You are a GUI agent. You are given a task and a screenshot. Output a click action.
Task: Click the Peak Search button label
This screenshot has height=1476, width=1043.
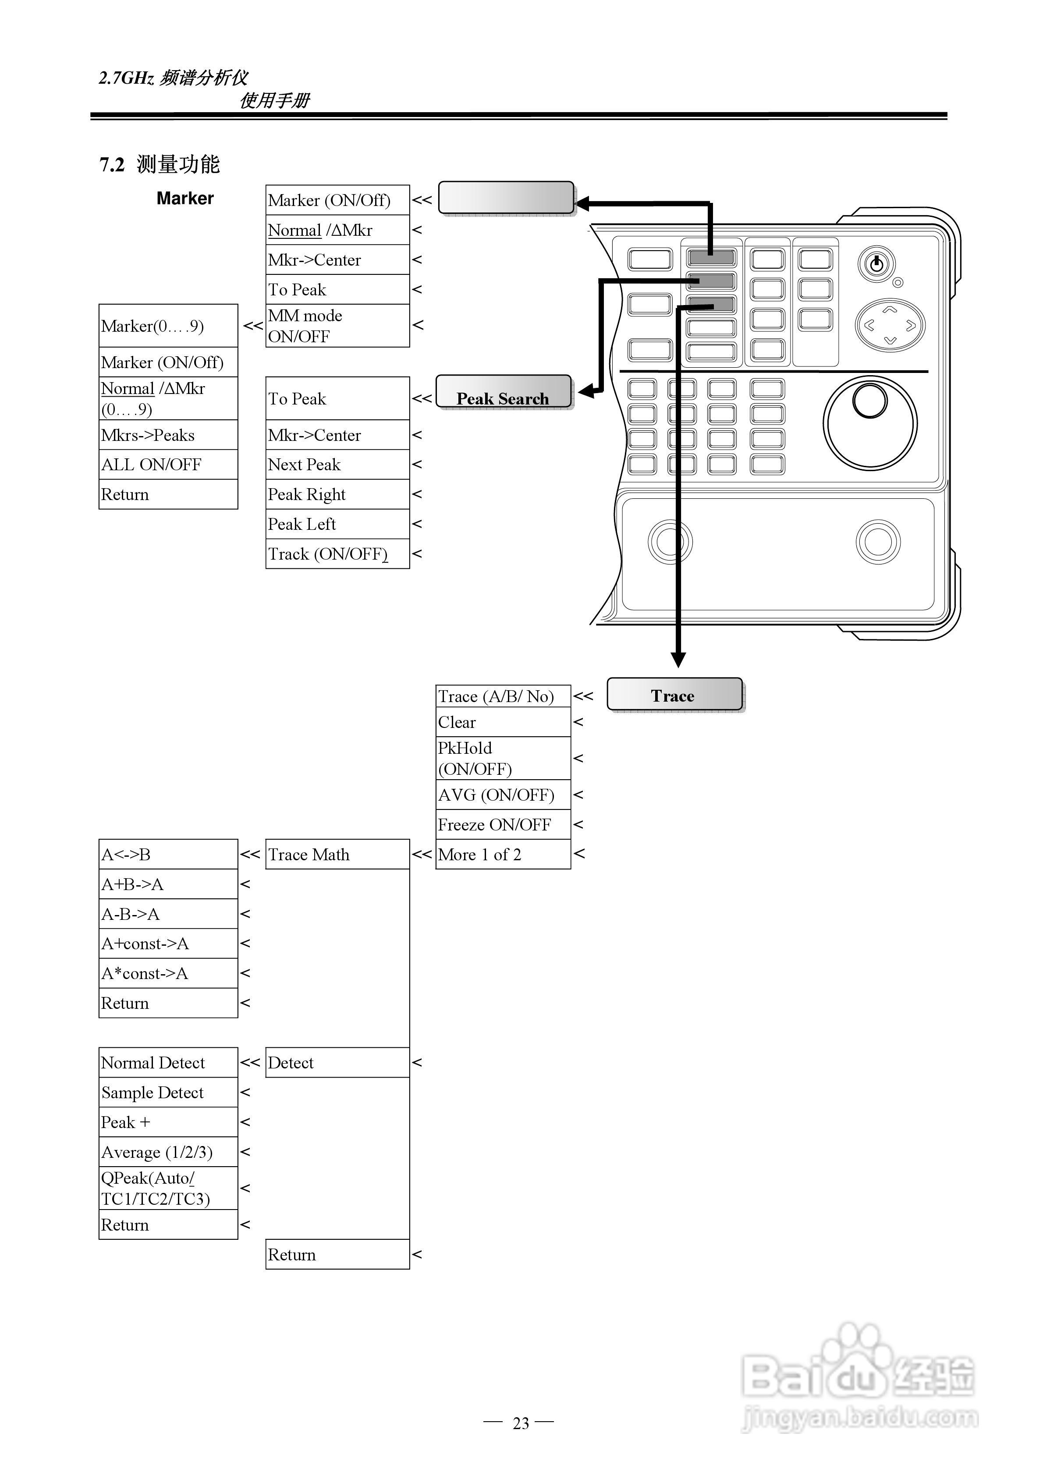[x=503, y=398]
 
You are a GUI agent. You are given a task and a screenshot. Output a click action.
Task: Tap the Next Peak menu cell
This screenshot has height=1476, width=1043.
[x=337, y=464]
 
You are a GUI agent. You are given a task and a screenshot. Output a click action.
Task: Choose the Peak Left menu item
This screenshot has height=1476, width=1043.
[x=337, y=524]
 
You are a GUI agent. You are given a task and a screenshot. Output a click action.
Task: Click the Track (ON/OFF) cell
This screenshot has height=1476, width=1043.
[x=337, y=553]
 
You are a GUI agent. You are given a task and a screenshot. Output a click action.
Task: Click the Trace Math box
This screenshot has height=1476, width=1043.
[x=337, y=855]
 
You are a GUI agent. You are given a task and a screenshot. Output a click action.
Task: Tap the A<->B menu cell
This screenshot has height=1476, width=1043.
[x=168, y=855]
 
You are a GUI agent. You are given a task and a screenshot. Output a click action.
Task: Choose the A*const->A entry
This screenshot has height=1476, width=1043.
[x=168, y=973]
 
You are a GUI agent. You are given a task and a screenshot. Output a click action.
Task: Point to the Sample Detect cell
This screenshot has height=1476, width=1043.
[x=168, y=1092]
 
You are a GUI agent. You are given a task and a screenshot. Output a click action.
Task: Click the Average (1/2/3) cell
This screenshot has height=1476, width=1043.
[x=168, y=1151]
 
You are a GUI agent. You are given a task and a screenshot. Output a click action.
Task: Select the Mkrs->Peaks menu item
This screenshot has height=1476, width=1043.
[x=168, y=435]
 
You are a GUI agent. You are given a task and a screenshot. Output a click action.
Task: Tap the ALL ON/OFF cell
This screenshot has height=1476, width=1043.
[x=168, y=464]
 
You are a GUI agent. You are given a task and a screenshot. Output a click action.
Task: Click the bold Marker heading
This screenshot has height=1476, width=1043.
[x=185, y=198]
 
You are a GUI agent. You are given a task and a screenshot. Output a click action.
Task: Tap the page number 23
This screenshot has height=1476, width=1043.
[x=521, y=1423]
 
